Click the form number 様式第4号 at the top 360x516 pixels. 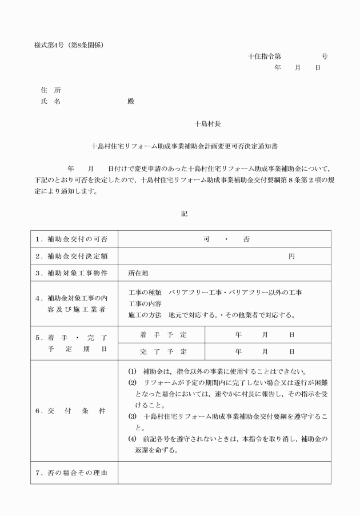[x=50, y=45]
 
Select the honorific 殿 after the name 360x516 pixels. [x=131, y=101]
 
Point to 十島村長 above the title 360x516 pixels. [x=203, y=123]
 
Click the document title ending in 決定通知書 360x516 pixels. [x=180, y=146]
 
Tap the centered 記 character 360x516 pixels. [x=184, y=213]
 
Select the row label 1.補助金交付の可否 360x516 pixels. [x=72, y=238]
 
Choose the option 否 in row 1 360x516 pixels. [x=246, y=238]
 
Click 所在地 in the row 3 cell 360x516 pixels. [x=138, y=273]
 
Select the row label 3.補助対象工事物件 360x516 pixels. [x=72, y=273]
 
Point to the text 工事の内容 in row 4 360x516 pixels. [x=145, y=303]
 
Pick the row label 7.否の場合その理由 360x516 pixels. [x=72, y=472]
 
